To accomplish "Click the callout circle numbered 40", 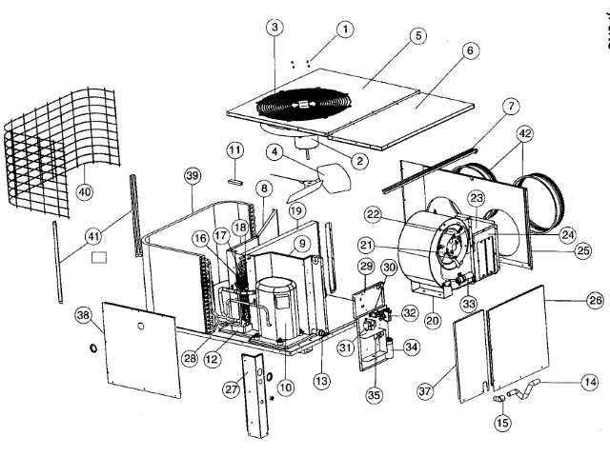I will [x=86, y=191].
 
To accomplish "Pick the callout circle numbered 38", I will [x=83, y=315].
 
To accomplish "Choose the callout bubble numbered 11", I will [x=235, y=151].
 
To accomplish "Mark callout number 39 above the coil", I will [x=193, y=177].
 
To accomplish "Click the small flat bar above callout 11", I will [x=235, y=178].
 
